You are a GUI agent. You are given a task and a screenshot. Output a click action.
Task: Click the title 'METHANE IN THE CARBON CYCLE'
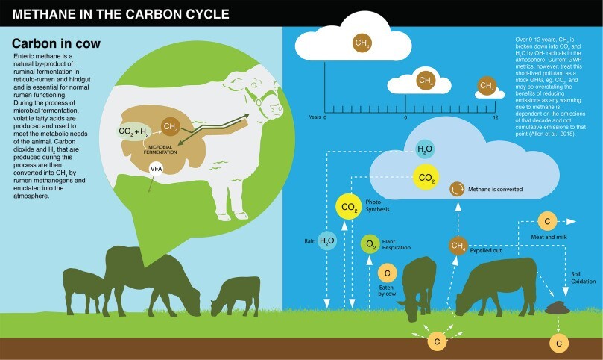pyautogui.click(x=121, y=14)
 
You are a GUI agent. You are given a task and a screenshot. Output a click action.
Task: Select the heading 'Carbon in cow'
pyautogui.click(x=56, y=43)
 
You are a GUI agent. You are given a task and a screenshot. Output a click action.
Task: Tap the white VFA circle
pyautogui.click(x=157, y=169)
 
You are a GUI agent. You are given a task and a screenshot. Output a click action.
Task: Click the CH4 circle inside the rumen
pyautogui.click(x=171, y=126)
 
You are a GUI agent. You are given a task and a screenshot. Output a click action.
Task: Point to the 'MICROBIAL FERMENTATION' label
pyautogui.click(x=160, y=149)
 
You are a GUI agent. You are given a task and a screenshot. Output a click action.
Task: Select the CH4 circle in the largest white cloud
pyautogui.click(x=362, y=43)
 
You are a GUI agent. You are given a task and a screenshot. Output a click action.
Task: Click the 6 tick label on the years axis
pyautogui.click(x=405, y=117)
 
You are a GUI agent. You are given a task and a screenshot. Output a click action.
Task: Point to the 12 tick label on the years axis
pyautogui.click(x=495, y=117)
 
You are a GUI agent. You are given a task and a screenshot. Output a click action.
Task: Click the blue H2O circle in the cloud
pyautogui.click(x=425, y=149)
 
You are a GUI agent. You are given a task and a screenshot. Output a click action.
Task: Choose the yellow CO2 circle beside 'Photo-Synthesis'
pyautogui.click(x=349, y=207)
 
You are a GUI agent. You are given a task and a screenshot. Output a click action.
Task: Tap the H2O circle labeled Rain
pyautogui.click(x=327, y=241)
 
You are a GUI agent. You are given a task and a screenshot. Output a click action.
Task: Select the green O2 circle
pyautogui.click(x=370, y=243)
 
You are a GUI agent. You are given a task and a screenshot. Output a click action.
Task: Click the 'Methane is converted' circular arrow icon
pyautogui.click(x=457, y=189)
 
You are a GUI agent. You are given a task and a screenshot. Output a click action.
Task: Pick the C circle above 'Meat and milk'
pyautogui.click(x=547, y=221)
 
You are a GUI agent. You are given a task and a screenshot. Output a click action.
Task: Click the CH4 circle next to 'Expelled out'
pyautogui.click(x=458, y=246)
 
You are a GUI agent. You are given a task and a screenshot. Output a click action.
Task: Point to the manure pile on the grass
pyautogui.click(x=558, y=308)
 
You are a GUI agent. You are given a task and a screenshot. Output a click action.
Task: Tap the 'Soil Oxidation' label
pyautogui.click(x=583, y=278)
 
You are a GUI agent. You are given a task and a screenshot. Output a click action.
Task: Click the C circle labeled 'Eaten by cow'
pyautogui.click(x=388, y=273)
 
